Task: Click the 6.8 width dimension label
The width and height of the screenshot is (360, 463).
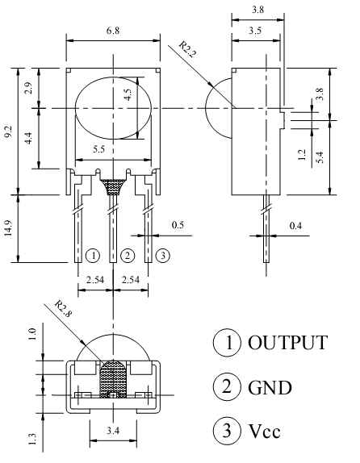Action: [x=113, y=31]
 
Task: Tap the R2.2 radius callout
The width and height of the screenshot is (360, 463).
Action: [x=187, y=49]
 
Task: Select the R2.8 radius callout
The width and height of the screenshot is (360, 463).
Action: [x=63, y=309]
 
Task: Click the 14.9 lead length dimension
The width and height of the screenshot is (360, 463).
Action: [x=8, y=228]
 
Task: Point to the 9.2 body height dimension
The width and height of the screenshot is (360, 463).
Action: [x=8, y=131]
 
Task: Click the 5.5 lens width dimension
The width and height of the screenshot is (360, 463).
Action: [x=98, y=149]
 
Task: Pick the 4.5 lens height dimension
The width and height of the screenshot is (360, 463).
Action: [x=128, y=94]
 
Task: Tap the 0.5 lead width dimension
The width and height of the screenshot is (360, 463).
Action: [x=178, y=225]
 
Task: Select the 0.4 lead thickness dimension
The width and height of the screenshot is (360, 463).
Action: [x=295, y=226]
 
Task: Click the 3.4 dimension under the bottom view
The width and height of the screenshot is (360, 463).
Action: [x=113, y=431]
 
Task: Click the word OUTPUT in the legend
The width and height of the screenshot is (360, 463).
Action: [x=287, y=343]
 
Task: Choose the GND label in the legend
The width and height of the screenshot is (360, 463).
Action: [x=270, y=388]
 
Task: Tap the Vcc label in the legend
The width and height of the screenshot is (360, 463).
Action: [x=264, y=431]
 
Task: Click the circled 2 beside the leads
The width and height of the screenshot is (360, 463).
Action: [x=128, y=256]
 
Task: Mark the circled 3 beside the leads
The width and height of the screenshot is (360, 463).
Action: [x=163, y=256]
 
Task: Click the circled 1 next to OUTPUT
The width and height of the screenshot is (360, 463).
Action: [x=227, y=343]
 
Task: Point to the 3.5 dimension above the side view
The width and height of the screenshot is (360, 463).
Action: [x=255, y=31]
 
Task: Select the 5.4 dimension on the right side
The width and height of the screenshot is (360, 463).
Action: [x=320, y=156]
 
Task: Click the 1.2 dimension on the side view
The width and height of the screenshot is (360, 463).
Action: [x=301, y=154]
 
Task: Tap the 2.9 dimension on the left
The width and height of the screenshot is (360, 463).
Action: [x=29, y=88]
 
